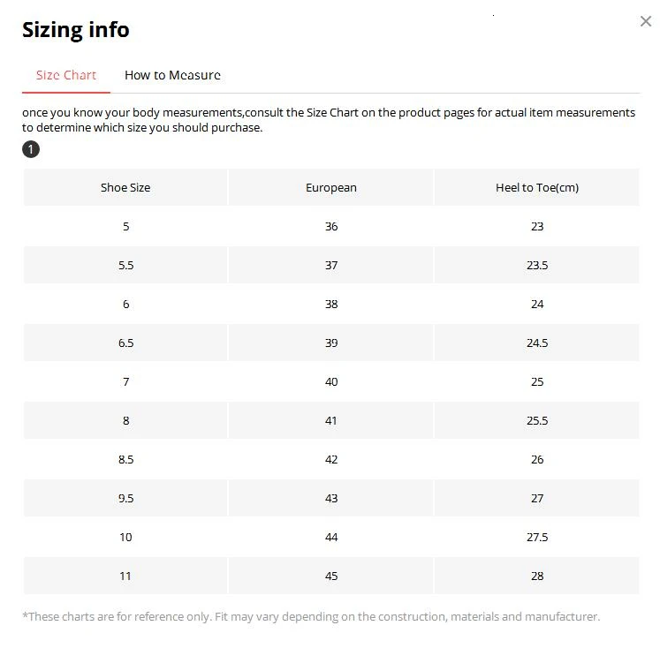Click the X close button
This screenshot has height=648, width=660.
645,21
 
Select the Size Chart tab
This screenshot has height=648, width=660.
66,75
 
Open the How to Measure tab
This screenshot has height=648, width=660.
172,75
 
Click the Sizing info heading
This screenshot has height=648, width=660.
75,29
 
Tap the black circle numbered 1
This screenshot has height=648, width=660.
31,149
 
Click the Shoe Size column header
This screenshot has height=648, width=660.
125,187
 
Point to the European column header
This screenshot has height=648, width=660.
331,187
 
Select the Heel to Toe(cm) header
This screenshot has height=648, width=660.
537,187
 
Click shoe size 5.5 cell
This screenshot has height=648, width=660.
125,265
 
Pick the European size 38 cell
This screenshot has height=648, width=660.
331,304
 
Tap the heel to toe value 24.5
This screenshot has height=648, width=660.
537,343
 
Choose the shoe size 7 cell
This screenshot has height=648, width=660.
125,381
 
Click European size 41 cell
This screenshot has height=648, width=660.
331,420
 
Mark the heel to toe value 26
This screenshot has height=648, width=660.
537,459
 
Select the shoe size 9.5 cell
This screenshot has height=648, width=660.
125,498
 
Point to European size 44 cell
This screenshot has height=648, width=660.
331,537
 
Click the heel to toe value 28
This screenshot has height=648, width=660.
537,576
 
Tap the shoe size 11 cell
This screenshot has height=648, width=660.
125,576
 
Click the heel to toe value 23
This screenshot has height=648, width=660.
537,226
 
